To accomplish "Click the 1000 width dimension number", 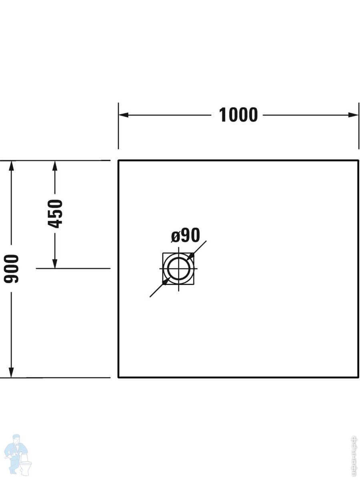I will (238, 115).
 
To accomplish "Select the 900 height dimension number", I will (12, 268).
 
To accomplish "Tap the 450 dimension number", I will (55, 214).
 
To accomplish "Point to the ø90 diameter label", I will (185, 236).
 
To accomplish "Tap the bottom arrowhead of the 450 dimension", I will (55, 264).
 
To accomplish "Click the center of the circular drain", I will (178, 268).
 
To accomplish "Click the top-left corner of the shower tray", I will (118, 160).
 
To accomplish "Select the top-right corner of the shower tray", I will (358, 160).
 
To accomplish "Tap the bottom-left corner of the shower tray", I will (118, 377).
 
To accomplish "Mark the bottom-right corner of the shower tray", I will (358, 377).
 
